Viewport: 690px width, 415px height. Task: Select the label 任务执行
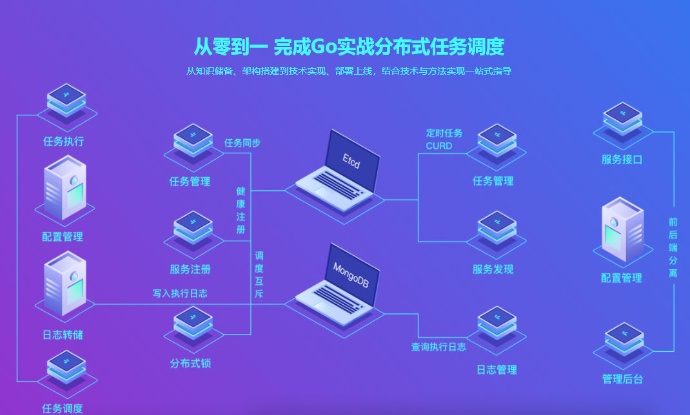(x=63, y=141)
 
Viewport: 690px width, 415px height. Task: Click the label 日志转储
(x=63, y=335)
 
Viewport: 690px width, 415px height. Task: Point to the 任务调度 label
(x=63, y=408)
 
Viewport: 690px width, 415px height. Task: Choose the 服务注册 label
(x=190, y=269)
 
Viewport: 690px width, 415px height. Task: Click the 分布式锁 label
(x=190, y=363)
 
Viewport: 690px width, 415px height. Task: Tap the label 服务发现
(x=493, y=269)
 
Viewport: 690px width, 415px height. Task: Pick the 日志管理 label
(x=497, y=370)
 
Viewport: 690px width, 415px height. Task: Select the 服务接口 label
(x=622, y=159)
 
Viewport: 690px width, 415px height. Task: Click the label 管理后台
(x=622, y=379)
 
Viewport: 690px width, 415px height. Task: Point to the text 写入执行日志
(x=180, y=293)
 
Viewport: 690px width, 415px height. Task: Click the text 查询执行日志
(x=439, y=347)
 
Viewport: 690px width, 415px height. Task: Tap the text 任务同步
(x=242, y=142)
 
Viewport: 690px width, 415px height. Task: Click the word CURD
(x=439, y=146)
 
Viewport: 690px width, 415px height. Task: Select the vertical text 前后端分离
(x=673, y=247)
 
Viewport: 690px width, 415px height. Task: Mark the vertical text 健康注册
(x=241, y=210)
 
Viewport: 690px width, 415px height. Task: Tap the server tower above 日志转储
(x=64, y=284)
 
